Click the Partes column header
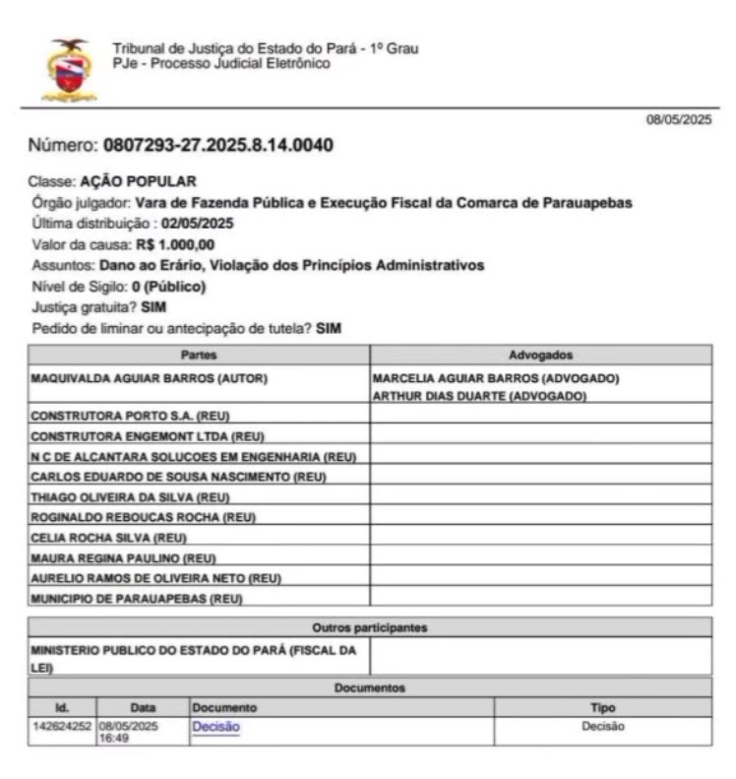[x=199, y=355]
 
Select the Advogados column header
[x=540, y=355]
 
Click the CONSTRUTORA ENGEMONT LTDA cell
[x=147, y=436]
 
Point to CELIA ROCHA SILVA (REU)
[x=109, y=538]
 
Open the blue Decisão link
[x=215, y=728]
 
